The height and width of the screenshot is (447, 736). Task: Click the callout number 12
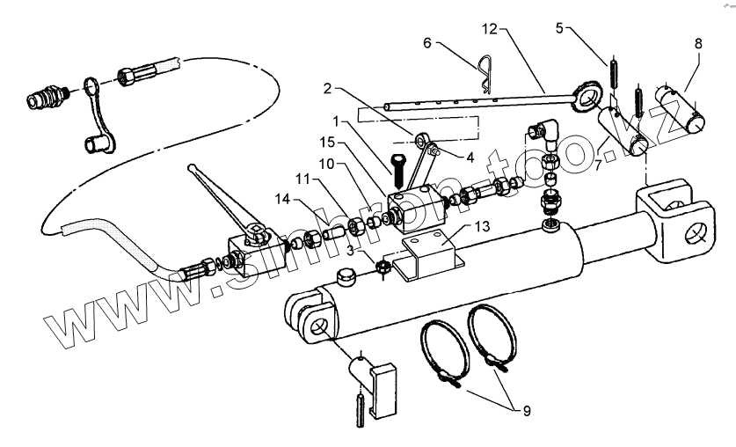coord(489,30)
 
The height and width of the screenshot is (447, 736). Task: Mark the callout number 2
coord(326,88)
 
